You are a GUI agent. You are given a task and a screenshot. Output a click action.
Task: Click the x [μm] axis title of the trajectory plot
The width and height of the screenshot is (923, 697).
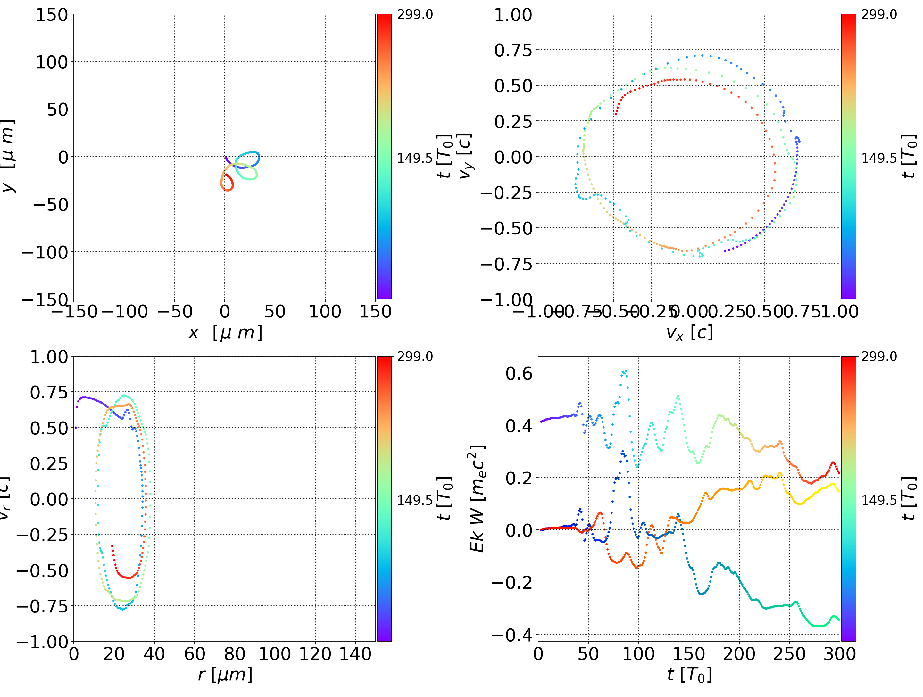click(225, 332)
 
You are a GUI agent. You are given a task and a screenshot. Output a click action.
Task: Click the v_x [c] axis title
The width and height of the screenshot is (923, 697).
click(689, 332)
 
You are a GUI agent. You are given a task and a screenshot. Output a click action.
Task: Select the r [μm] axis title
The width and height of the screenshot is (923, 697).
click(225, 675)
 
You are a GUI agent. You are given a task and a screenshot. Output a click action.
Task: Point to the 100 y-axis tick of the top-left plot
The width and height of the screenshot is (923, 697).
click(51, 62)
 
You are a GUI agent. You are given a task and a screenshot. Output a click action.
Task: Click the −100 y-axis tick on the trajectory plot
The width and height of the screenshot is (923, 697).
click(45, 252)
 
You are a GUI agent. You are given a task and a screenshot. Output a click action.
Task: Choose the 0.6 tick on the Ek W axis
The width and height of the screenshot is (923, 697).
click(519, 373)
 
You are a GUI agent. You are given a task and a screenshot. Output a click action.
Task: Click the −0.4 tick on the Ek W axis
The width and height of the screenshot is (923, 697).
click(512, 635)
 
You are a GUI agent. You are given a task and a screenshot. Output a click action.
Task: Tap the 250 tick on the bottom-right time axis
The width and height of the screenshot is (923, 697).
click(789, 654)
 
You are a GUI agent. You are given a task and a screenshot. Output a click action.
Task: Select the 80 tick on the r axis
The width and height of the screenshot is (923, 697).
click(235, 654)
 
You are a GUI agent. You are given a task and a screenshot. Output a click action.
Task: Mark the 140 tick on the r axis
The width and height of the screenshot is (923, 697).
click(355, 654)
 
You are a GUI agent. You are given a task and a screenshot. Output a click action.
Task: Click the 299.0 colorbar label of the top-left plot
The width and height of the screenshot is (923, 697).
click(415, 15)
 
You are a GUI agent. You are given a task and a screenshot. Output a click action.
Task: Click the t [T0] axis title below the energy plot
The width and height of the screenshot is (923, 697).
click(689, 675)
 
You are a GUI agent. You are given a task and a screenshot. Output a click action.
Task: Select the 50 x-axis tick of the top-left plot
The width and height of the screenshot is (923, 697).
click(275, 312)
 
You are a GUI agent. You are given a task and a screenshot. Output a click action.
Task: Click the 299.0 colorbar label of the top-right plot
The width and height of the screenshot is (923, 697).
click(879, 15)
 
